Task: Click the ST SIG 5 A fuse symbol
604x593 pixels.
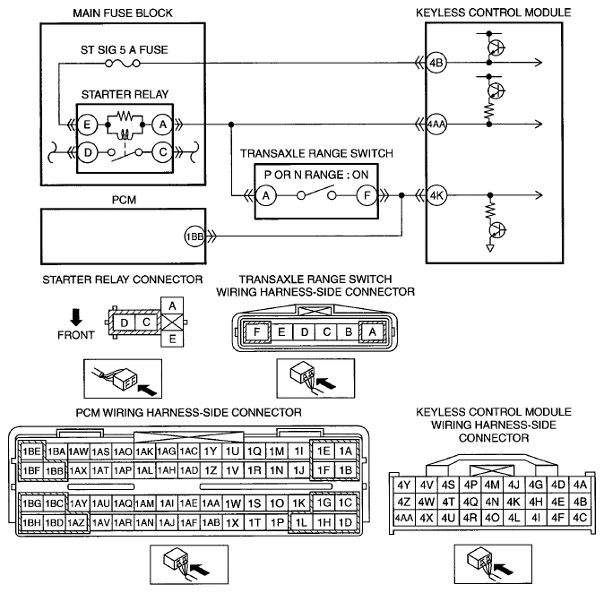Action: click(123, 63)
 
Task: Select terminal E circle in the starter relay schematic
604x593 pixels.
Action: click(87, 125)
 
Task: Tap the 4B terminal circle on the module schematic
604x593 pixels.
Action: click(436, 63)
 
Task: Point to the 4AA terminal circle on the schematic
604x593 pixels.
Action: click(436, 125)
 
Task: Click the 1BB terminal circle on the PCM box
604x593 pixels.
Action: click(194, 236)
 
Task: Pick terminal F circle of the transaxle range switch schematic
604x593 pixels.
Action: click(367, 195)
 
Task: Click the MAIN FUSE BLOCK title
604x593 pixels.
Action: click(123, 13)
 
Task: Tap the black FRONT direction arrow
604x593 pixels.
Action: click(76, 317)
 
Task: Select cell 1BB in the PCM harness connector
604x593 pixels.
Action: click(55, 470)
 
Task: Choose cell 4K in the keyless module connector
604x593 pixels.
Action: click(513, 502)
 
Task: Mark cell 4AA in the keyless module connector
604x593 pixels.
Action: click(403, 518)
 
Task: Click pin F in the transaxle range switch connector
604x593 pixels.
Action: click(256, 331)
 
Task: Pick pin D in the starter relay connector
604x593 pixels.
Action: click(124, 322)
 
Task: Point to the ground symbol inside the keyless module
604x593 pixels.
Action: click(490, 248)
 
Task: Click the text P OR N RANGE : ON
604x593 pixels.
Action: click(316, 175)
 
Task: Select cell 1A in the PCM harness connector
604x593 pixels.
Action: click(346, 451)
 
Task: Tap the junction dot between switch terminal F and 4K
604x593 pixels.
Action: click(401, 195)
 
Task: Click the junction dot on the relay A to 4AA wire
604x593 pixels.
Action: click(231, 125)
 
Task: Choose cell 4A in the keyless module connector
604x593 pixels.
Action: click(580, 485)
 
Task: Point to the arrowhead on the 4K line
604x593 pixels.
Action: click(539, 195)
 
